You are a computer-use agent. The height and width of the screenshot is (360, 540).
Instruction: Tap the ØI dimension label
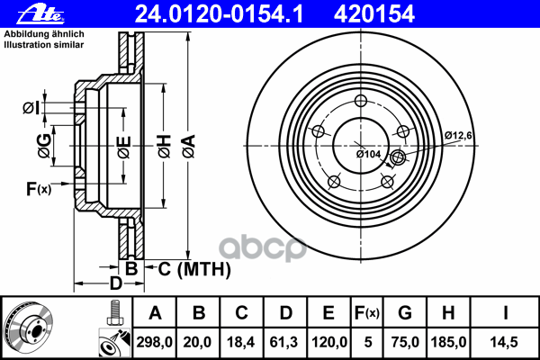31,109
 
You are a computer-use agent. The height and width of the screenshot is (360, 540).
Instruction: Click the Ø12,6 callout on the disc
459,135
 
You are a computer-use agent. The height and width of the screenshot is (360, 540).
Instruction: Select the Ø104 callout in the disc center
369,154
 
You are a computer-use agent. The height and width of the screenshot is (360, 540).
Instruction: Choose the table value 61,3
284,341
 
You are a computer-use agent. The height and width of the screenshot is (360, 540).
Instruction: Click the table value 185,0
450,341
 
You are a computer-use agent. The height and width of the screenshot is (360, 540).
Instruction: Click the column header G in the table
405,313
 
